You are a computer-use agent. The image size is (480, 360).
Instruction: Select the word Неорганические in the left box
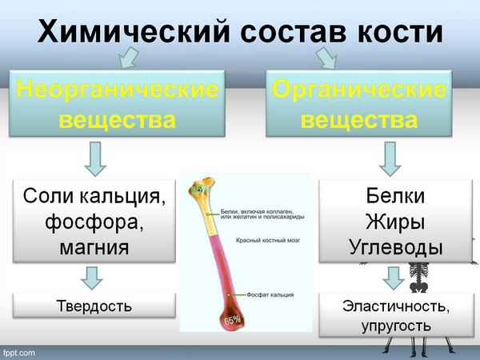coord(116,90)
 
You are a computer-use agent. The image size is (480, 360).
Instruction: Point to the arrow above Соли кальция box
coord(94,157)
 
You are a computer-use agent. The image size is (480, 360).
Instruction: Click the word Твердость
coord(94,306)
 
